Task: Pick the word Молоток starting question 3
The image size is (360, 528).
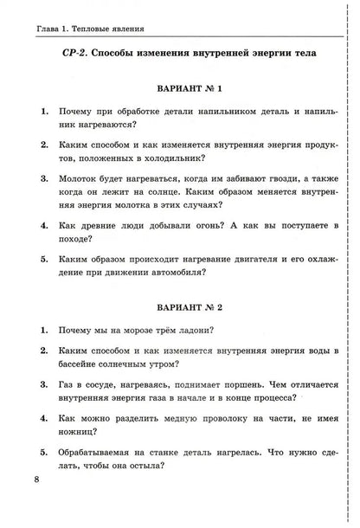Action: [x=80, y=178]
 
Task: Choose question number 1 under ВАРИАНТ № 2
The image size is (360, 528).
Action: [x=43, y=330]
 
